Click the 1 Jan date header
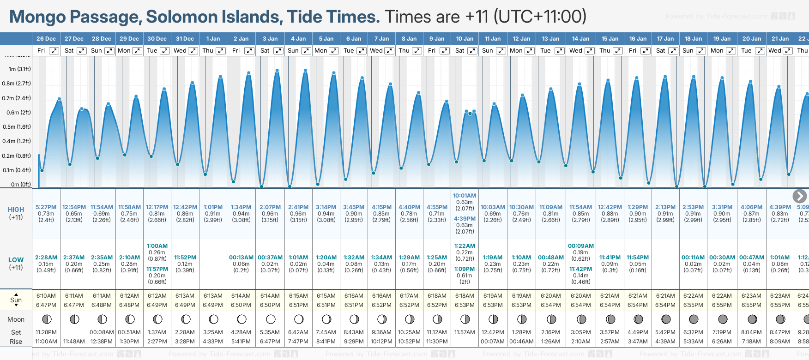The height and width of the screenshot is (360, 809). [x=213, y=39]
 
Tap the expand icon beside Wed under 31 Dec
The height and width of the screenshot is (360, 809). [x=193, y=51]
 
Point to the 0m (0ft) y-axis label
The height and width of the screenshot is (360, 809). [x=21, y=185]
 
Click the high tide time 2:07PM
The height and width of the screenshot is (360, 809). [x=270, y=207]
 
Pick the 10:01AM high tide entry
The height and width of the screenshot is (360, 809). [x=465, y=196]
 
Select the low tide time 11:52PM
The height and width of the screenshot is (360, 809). [x=185, y=258]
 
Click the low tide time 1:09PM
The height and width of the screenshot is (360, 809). [x=465, y=269]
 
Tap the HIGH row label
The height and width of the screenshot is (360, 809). [x=16, y=210]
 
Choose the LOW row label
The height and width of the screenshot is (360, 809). [x=16, y=260]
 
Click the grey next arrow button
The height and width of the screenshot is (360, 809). [x=800, y=196]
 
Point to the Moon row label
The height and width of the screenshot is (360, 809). [x=16, y=319]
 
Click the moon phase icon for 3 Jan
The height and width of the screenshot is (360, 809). [x=271, y=319]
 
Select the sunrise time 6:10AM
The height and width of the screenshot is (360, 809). [x=46, y=296]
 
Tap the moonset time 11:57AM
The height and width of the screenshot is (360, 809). [x=465, y=332]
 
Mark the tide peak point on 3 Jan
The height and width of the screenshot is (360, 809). [x=277, y=71]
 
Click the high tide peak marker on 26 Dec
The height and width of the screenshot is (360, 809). [x=59, y=99]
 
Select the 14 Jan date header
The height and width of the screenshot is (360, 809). [x=580, y=39]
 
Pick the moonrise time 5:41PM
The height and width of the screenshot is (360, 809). [x=241, y=342]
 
